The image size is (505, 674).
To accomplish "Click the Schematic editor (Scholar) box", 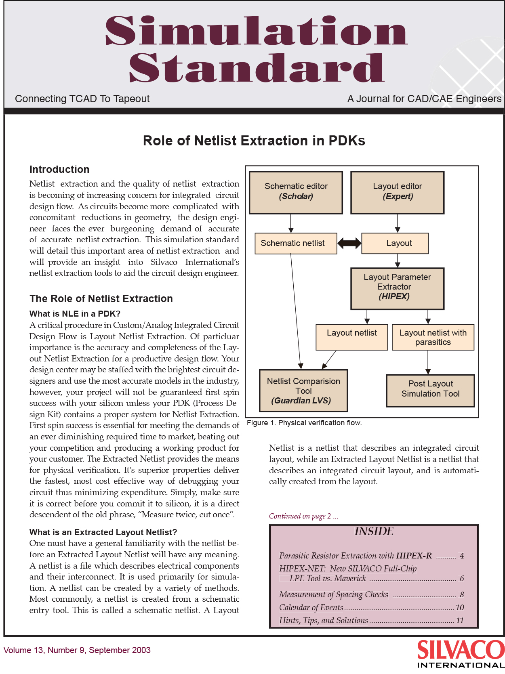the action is point(296,193).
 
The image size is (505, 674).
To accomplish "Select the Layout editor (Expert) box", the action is point(398,193).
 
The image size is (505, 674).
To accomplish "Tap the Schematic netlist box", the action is point(296,243).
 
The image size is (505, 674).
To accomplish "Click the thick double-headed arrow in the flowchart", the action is point(349,243).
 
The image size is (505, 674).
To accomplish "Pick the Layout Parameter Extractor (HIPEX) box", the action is point(398,288).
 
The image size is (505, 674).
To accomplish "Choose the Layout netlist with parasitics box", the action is point(433,337).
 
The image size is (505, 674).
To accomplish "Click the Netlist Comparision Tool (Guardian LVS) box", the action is point(303,391).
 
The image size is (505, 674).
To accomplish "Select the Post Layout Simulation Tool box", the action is point(430,391).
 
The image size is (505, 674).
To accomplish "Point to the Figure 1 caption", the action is point(304,423).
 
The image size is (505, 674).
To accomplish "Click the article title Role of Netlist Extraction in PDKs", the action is point(254,141).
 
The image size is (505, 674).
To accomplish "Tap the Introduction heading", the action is point(60,169).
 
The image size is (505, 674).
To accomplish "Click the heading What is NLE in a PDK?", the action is point(75,313).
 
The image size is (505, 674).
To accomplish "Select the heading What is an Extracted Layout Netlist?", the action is point(103,532).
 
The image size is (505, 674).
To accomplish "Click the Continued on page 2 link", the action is point(303,516).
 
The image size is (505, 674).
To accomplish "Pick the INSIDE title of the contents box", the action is point(374,531).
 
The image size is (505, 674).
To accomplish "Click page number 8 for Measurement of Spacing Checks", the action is point(462,594).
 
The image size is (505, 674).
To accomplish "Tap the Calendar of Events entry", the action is point(311,607).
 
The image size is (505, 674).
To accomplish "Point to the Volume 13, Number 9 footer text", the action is point(77,650).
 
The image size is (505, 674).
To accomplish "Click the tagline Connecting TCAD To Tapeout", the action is point(82,99).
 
